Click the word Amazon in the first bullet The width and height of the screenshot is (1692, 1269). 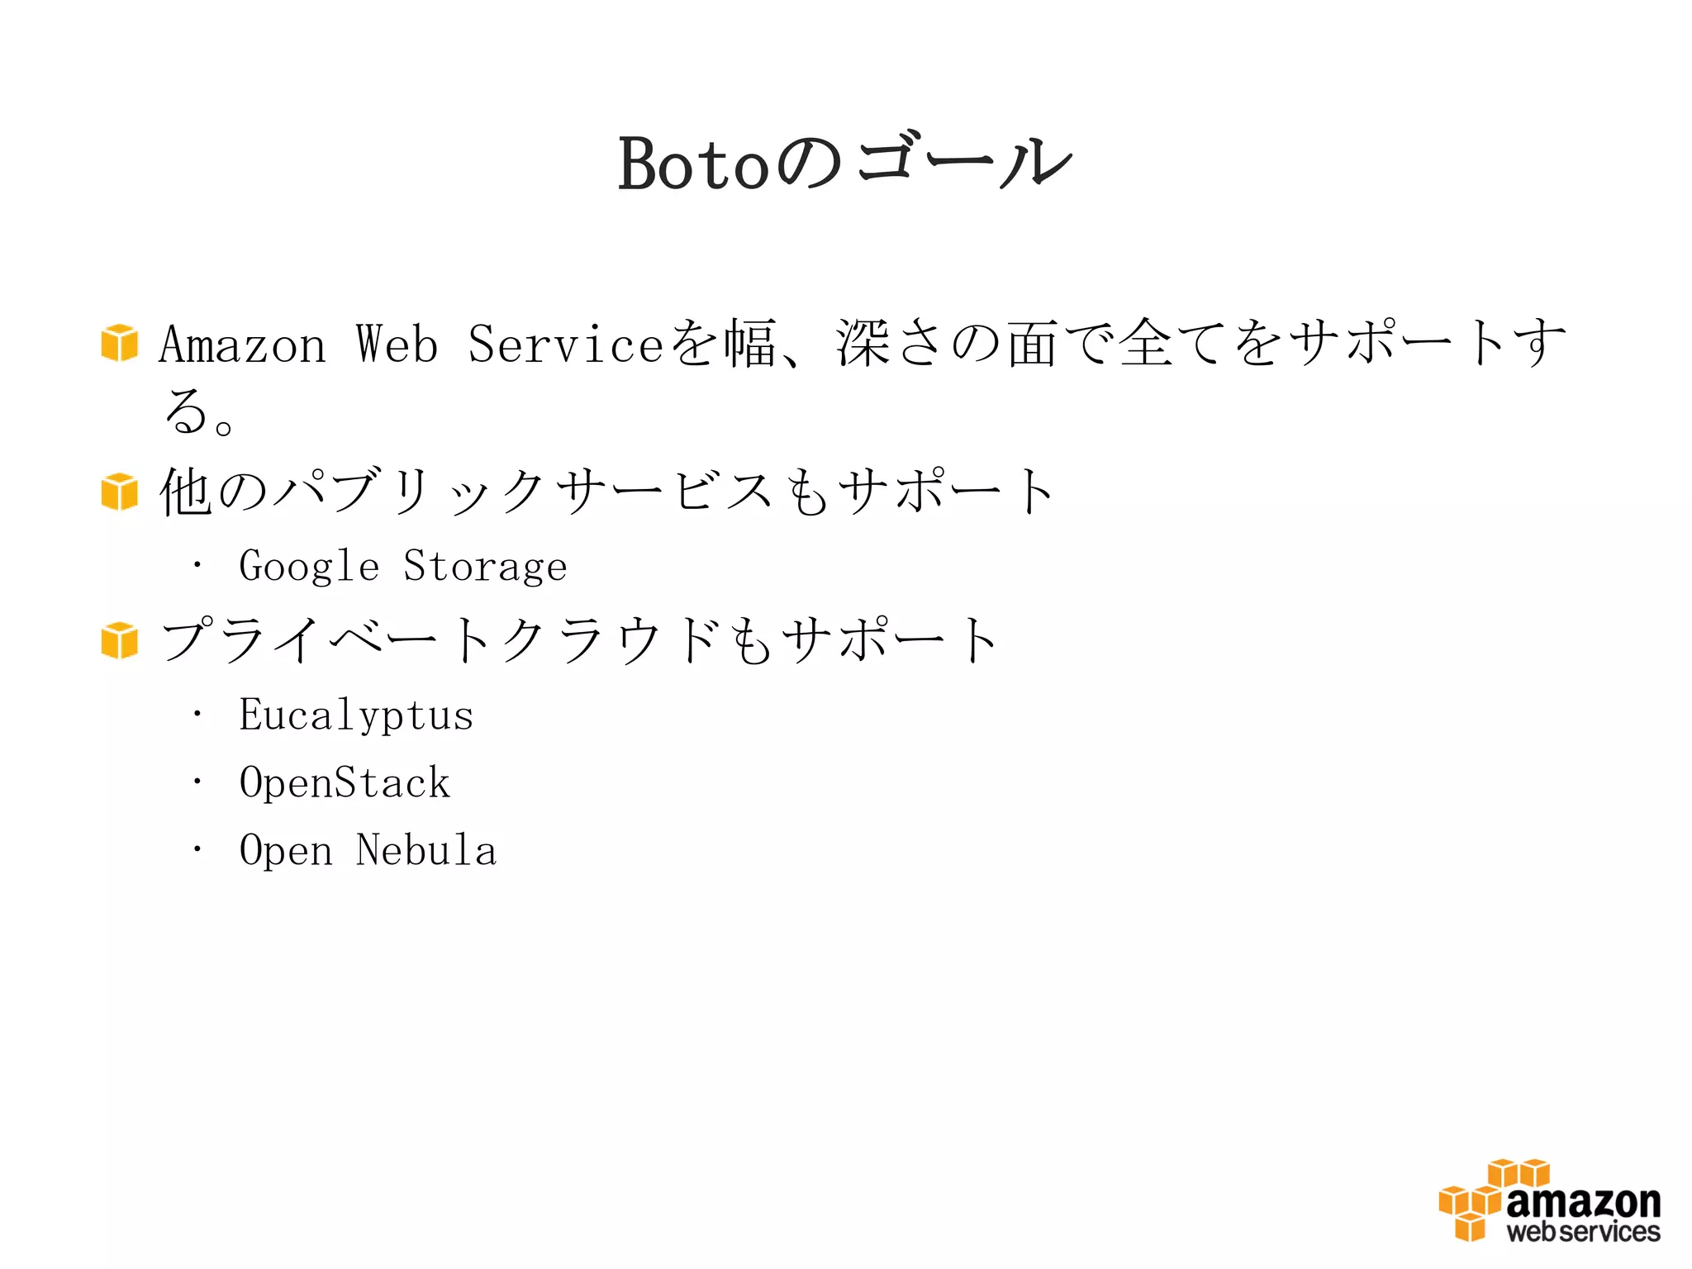pos(242,345)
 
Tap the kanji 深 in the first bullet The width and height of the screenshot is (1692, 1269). pos(863,343)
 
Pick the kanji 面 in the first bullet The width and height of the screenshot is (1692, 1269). pos(1032,344)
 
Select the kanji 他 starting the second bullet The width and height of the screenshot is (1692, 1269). pos(186,492)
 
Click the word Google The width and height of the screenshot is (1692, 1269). pos(309,568)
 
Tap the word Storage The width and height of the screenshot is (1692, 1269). pos(485,568)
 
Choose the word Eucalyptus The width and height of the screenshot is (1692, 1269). pos(356,715)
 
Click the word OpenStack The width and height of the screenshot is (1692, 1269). pos(345,783)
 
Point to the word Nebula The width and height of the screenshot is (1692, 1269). pos(426,850)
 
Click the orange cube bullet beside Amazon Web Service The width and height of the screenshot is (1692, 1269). pos(120,343)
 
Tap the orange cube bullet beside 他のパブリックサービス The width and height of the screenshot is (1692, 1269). pos(120,492)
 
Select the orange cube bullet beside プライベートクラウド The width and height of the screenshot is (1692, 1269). pos(120,641)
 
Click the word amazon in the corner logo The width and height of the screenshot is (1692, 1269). pos(1583,1203)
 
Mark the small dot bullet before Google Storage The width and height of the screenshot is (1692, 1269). pos(197,566)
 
